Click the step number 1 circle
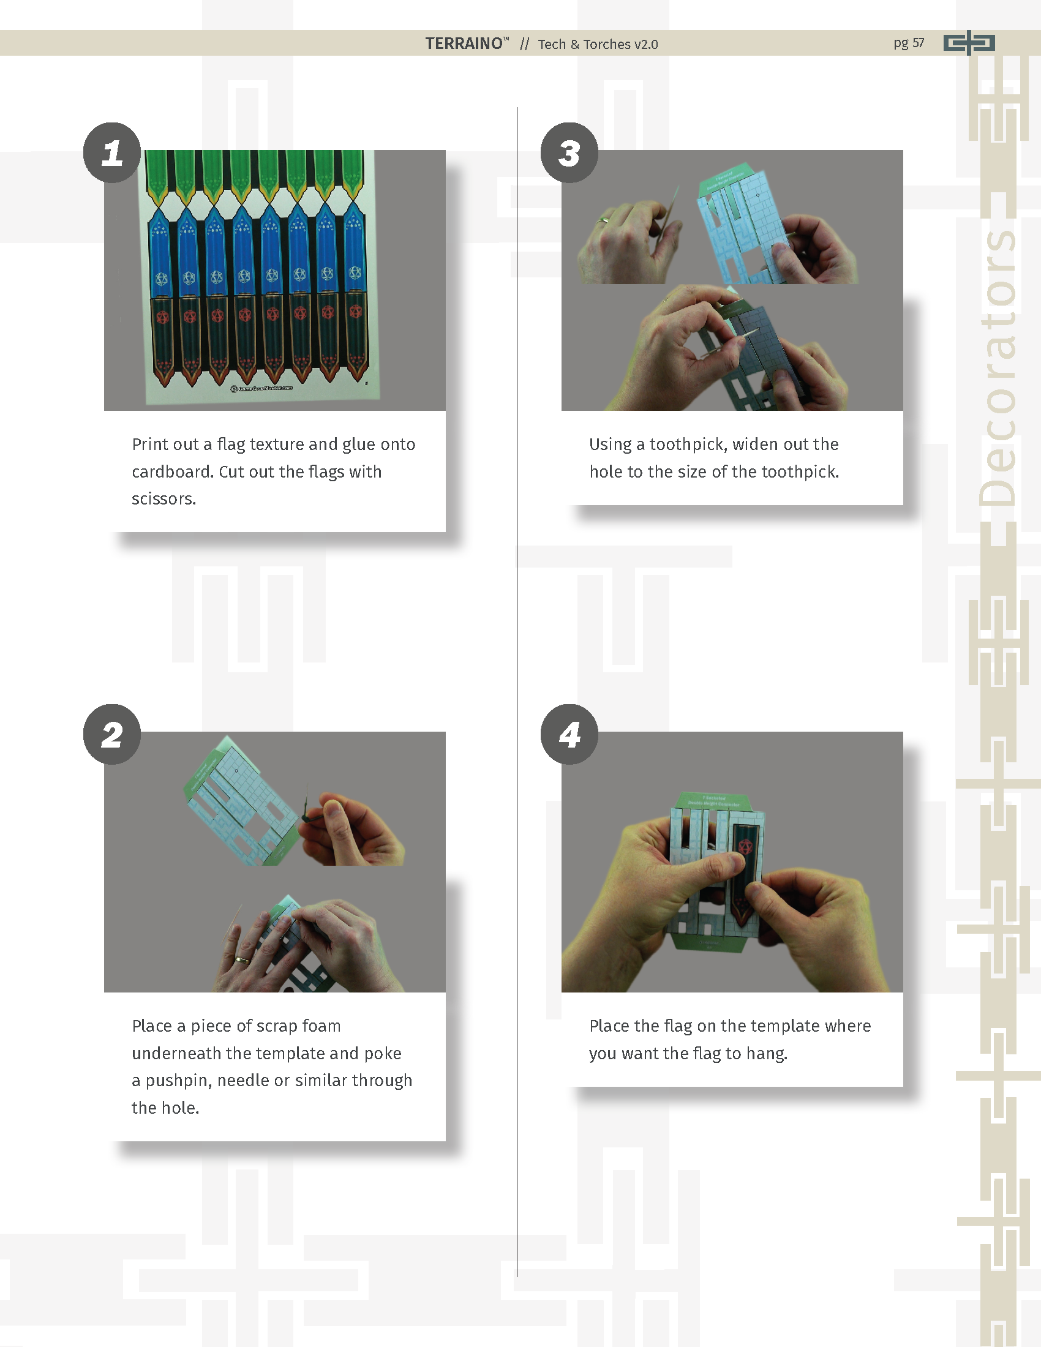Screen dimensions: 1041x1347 coord(112,152)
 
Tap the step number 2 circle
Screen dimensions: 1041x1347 coord(112,734)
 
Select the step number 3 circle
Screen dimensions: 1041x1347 coord(569,152)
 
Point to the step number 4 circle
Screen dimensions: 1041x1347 coord(569,734)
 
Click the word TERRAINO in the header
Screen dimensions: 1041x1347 coord(464,44)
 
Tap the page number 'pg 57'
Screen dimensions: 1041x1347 coord(909,43)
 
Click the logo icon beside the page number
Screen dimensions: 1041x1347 coord(969,43)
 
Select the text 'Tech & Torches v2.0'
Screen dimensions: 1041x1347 coord(598,45)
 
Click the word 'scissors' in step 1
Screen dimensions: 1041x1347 coord(162,499)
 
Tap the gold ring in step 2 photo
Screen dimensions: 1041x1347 coord(242,959)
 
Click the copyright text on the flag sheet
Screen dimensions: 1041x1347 coord(261,388)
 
